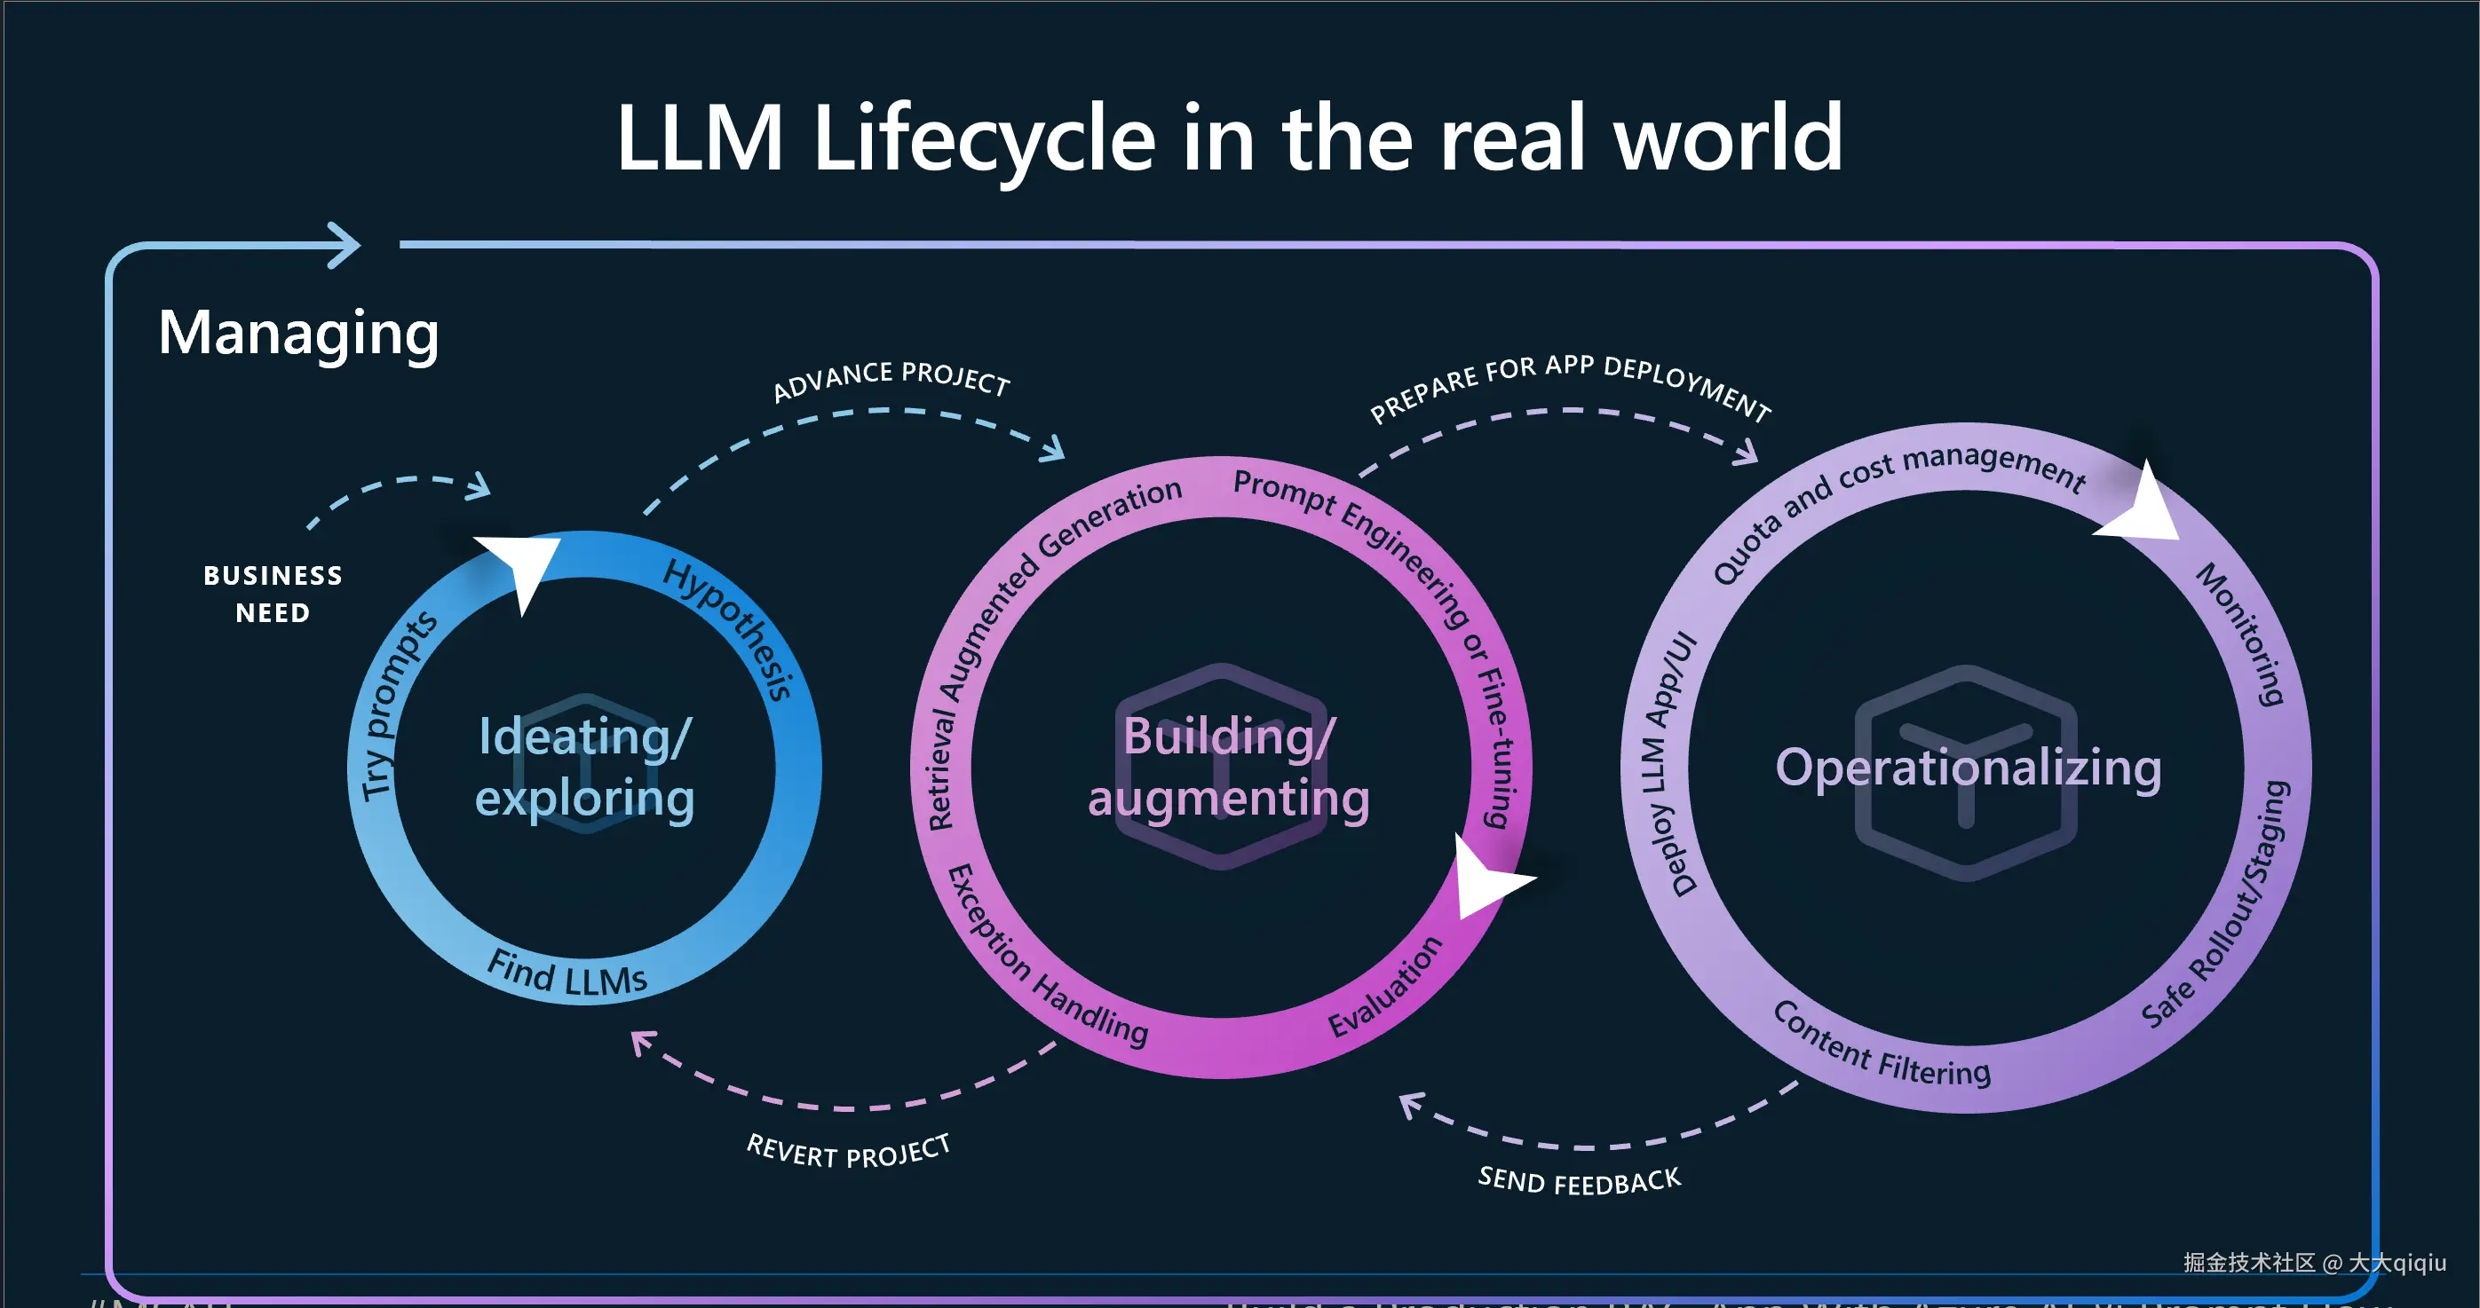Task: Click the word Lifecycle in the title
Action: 984,139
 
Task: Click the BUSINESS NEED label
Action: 273,594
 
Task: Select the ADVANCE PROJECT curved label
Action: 891,378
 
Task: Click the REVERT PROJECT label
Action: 848,1151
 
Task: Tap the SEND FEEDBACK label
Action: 1579,1181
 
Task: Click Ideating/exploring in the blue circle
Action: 584,767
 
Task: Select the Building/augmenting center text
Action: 1228,767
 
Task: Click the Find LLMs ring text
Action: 567,973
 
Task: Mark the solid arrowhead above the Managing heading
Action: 342,246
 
